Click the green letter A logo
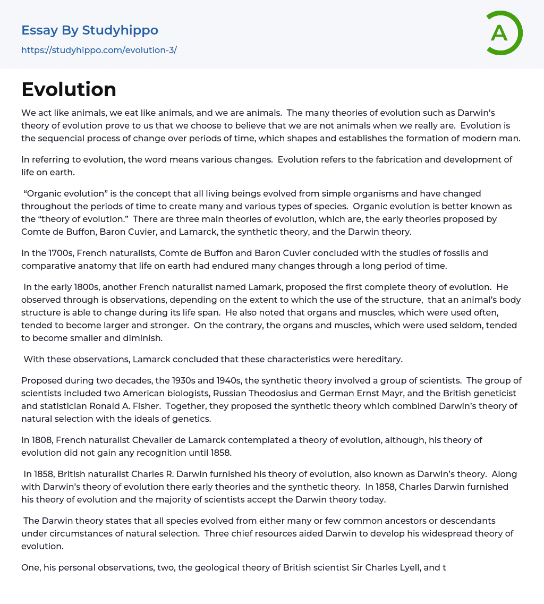[x=504, y=33]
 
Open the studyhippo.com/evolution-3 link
[x=99, y=50]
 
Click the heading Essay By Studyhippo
[x=89, y=30]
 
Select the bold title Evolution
[x=69, y=89]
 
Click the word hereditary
[x=377, y=359]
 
